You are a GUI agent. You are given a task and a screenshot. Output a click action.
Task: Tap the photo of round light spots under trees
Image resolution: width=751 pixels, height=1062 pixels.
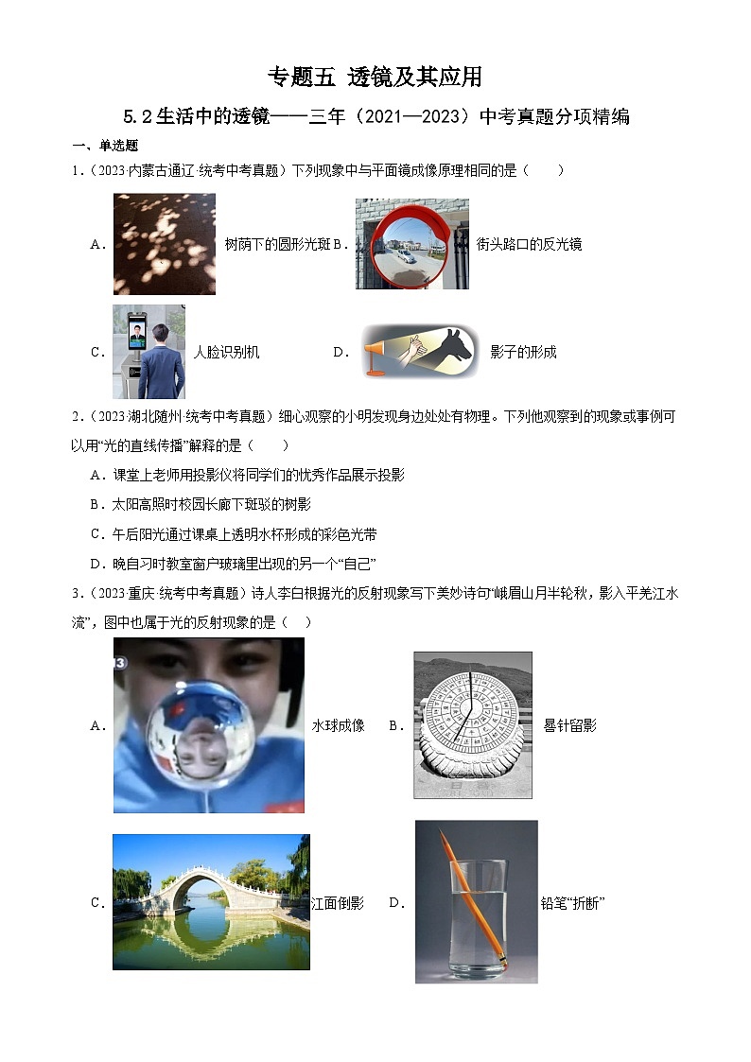[164, 244]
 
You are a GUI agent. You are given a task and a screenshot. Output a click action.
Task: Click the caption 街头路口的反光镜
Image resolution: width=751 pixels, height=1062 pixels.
[529, 244]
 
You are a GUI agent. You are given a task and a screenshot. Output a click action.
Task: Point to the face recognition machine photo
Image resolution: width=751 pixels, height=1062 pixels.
[148, 352]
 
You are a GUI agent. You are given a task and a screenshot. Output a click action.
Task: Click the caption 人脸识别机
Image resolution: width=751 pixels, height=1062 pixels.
[226, 353]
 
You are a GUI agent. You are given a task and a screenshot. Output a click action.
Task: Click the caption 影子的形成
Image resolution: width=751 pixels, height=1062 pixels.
[523, 353]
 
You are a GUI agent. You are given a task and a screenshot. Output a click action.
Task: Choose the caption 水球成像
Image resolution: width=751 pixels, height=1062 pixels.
[338, 726]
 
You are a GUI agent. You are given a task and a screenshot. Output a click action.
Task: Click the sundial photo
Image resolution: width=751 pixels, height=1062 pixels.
[472, 724]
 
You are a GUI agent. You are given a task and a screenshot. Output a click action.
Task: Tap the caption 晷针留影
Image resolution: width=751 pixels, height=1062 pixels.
[569, 726]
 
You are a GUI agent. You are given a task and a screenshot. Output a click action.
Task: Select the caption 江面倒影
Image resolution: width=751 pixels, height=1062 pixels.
[338, 903]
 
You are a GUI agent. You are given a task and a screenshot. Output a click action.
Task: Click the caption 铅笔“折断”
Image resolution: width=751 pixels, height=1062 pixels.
[571, 903]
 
